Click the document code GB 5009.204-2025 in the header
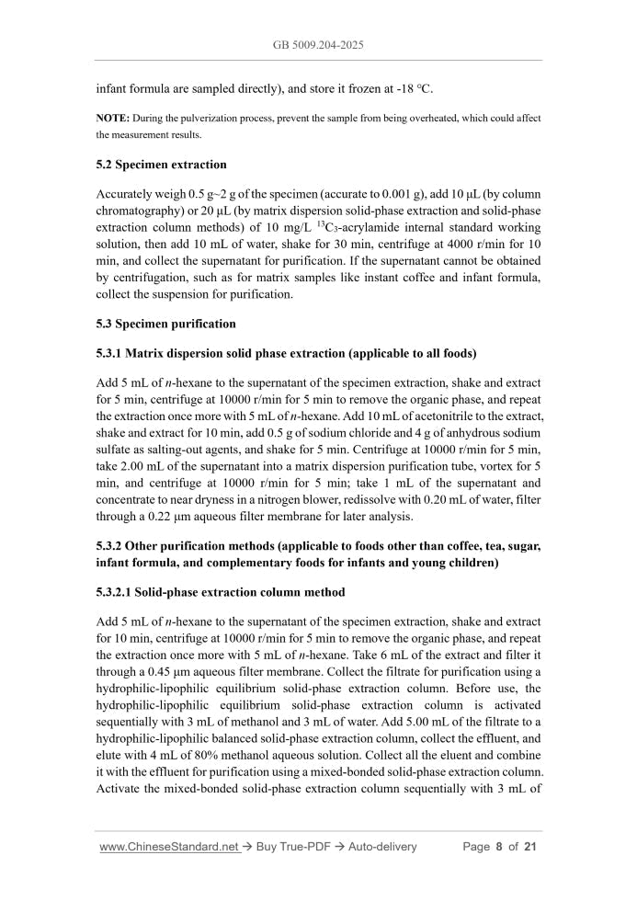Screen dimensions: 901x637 (x=318, y=43)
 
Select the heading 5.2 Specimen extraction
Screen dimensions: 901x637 (x=161, y=165)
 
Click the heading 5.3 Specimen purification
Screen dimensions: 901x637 (x=165, y=324)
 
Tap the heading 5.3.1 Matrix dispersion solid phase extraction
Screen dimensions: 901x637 (x=286, y=353)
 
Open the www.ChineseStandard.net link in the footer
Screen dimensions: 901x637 (x=168, y=847)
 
